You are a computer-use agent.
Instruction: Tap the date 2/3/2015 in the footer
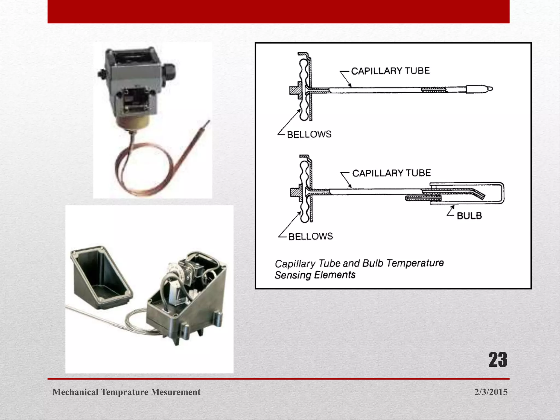tap(491, 392)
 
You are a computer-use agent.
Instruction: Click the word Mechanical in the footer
tap(75, 392)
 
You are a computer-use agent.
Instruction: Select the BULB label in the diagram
tap(469, 216)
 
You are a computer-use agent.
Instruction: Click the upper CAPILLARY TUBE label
tap(390, 71)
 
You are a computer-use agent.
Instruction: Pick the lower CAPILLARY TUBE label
tap(391, 173)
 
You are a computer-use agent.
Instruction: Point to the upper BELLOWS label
tap(309, 134)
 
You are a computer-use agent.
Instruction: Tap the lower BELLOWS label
tap(311, 236)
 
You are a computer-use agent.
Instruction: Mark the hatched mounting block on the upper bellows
tap(295, 91)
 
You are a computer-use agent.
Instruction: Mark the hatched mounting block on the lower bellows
tap(296, 192)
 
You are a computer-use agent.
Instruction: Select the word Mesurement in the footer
tap(176, 392)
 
